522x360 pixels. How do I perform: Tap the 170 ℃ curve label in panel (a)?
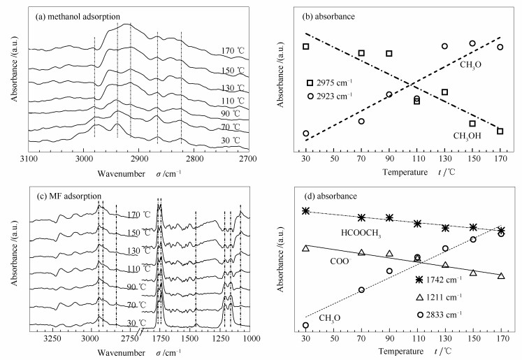click(232, 50)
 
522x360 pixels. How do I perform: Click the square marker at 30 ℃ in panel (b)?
click(305, 47)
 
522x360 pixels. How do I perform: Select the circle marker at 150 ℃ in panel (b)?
click(472, 43)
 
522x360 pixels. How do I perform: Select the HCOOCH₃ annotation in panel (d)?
click(361, 233)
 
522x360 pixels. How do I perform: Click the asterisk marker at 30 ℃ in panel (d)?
click(305, 211)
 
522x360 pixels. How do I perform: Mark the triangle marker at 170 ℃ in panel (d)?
click(501, 276)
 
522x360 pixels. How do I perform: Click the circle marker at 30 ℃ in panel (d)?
click(305, 325)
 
